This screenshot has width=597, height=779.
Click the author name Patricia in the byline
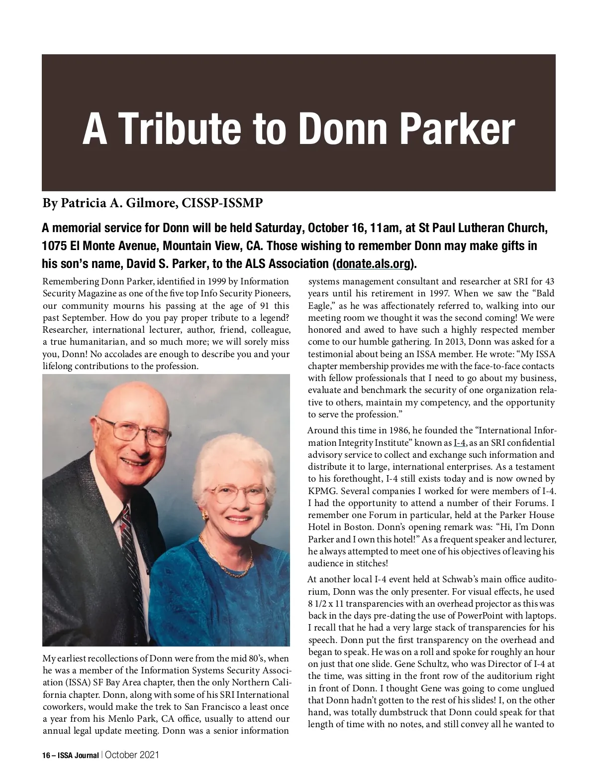[x=85, y=203]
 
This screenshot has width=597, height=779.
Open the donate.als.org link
[x=373, y=263]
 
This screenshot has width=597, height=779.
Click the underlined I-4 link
[x=459, y=443]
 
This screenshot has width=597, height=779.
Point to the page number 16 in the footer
[x=46, y=755]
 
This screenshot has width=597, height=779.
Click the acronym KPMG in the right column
[x=320, y=491]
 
